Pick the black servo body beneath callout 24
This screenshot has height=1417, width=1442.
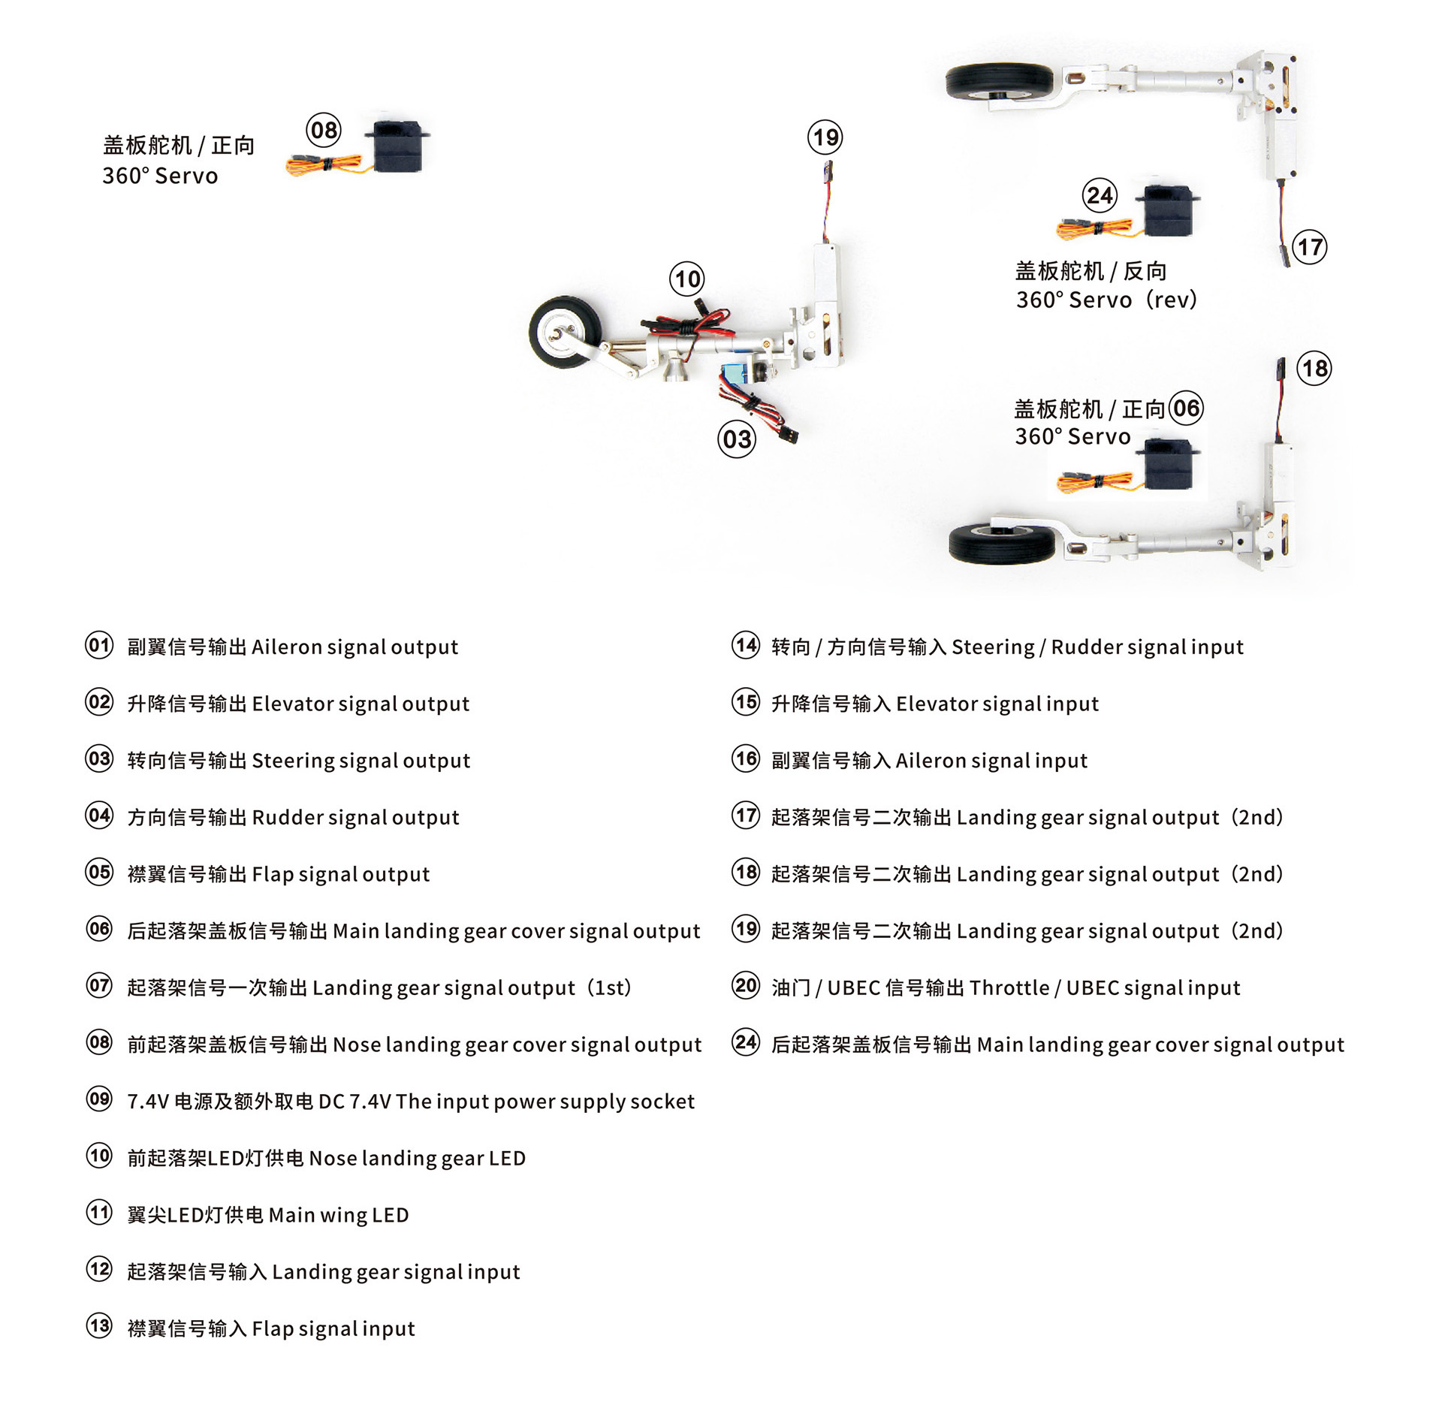pos(1168,210)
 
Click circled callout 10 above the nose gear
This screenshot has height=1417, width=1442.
pos(686,279)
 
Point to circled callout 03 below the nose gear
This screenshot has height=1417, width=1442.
pos(736,439)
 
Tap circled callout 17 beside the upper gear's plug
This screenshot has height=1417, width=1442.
pos(1309,247)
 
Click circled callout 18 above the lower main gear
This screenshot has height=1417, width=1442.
pos(1314,368)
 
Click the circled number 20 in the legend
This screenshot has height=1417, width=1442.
pos(746,985)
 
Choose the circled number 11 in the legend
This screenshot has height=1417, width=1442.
pos(99,1213)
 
